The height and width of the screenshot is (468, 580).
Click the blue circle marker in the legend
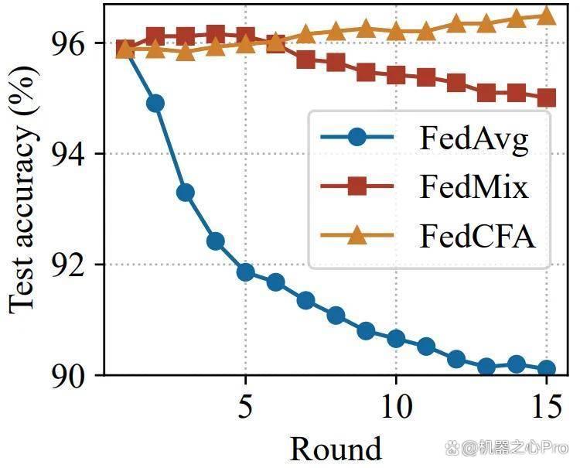(x=357, y=137)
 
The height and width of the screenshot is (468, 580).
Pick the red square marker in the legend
(x=357, y=186)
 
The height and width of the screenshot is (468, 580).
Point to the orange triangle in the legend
(x=357, y=235)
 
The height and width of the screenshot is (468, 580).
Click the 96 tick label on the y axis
(x=67, y=43)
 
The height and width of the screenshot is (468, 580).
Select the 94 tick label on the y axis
(x=67, y=154)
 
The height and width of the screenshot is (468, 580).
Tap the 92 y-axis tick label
(x=67, y=265)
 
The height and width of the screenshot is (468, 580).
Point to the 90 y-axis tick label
(x=67, y=375)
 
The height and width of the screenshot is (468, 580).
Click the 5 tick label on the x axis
(x=245, y=407)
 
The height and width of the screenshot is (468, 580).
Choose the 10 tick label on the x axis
(x=396, y=407)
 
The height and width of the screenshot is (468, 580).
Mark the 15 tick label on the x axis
(x=547, y=407)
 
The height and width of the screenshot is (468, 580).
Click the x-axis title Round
(x=335, y=449)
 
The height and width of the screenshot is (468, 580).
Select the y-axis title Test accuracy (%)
(x=23, y=190)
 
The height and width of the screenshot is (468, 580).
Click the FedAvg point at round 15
(x=547, y=368)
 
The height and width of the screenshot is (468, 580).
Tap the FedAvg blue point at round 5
(x=246, y=272)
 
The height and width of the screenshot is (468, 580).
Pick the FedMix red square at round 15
(x=547, y=97)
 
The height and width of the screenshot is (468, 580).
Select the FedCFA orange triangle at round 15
(x=547, y=15)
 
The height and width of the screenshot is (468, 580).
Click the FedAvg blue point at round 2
(x=155, y=103)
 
